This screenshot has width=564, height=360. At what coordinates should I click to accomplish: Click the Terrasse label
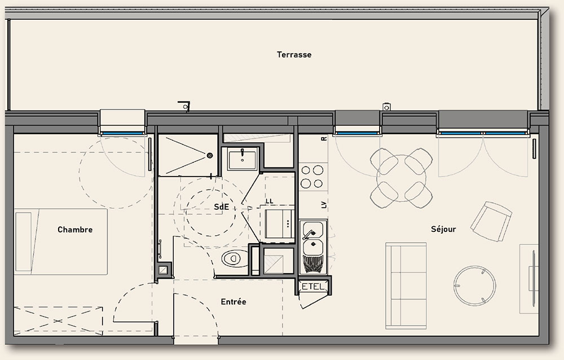294,55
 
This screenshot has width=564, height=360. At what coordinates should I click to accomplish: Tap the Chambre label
75,230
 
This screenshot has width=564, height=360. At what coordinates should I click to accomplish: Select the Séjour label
443,229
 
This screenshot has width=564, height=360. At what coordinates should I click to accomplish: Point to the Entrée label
233,302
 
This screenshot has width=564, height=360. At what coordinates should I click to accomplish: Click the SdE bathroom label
221,207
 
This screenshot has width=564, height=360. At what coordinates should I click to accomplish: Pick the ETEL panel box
312,287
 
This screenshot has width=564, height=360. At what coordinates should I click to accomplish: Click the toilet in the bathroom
235,258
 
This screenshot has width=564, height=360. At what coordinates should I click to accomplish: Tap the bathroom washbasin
243,159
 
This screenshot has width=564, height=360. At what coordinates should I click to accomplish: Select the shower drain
210,156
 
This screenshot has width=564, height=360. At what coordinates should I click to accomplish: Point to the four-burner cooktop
312,177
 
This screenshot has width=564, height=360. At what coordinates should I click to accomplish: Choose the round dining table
402,178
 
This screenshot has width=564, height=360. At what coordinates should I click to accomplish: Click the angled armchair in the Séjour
491,221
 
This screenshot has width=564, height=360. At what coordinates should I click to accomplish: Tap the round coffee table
474,286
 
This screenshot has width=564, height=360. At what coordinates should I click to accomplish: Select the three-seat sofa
406,286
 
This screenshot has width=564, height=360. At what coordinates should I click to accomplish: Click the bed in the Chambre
60,242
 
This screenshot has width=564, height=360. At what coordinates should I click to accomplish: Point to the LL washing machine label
270,201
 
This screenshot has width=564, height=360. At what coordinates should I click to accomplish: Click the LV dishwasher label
324,205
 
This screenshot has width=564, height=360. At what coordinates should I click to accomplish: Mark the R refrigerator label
324,139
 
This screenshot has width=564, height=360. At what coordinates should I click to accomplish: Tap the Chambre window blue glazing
122,133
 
